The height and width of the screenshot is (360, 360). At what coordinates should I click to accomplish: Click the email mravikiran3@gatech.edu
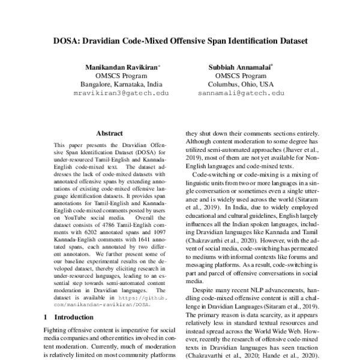pos(121,94)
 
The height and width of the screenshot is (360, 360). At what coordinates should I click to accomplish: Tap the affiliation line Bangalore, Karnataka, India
pos(121,85)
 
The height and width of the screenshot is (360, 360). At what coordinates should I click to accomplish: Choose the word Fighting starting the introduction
pos(56,331)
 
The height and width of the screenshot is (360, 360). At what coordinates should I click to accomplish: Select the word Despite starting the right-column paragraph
pos(205,289)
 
